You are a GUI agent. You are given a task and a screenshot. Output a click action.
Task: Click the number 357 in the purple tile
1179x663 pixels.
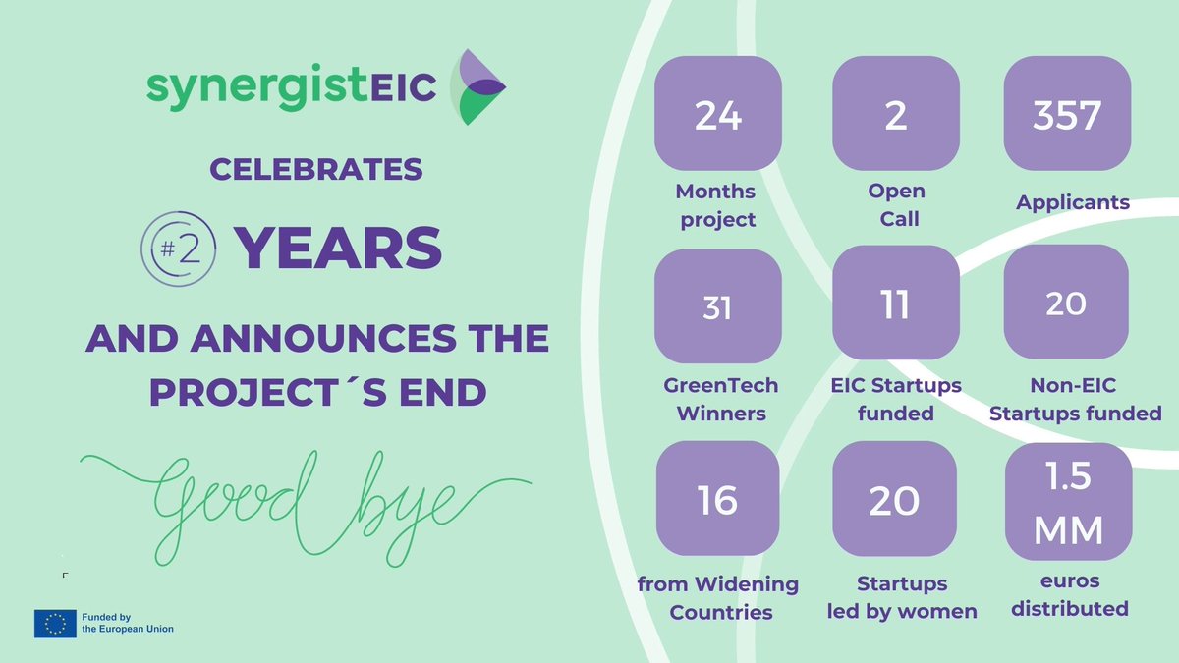coord(1066,117)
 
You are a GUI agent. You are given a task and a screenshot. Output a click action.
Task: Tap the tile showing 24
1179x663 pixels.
coord(717,118)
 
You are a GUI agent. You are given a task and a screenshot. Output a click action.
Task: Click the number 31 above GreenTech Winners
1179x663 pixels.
coord(717,307)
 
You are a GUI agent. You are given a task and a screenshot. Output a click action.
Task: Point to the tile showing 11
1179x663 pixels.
coord(895,305)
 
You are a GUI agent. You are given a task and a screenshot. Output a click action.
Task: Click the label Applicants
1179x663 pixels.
coord(1072,204)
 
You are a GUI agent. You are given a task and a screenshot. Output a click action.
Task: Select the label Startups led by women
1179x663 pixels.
coord(903,597)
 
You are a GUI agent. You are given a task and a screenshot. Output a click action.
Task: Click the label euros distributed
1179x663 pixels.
coord(1068,595)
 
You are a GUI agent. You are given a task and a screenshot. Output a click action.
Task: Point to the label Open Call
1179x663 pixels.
coord(896,204)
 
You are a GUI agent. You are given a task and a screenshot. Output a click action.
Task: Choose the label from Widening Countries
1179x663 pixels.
coord(719,598)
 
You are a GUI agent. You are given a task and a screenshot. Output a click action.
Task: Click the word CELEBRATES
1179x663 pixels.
coord(316,169)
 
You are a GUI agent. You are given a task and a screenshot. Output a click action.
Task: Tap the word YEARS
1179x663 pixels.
coord(338,249)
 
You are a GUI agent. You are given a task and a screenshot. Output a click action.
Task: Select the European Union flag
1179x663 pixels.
coord(55,623)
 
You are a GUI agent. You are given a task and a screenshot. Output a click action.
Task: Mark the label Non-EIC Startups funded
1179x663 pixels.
coord(1075,399)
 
